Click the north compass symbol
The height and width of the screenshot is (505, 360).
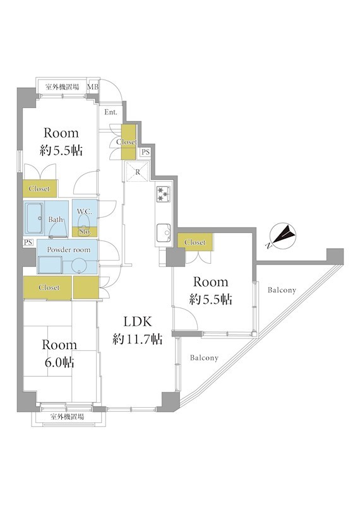pyautogui.click(x=283, y=236)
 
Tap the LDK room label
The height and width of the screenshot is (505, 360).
pyautogui.click(x=137, y=321)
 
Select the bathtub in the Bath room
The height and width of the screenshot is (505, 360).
pyautogui.click(x=34, y=218)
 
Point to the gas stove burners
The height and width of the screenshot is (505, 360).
pyautogui.click(x=163, y=194)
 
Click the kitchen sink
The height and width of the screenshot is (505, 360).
pyautogui.click(x=164, y=232)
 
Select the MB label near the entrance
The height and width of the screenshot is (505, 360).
pyautogui.click(x=93, y=86)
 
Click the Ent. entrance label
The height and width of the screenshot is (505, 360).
pyautogui.click(x=111, y=112)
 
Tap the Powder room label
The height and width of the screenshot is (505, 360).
pyautogui.click(x=69, y=249)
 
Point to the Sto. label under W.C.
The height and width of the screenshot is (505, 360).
pyautogui.click(x=85, y=232)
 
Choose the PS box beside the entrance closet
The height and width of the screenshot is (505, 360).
pyautogui.click(x=145, y=152)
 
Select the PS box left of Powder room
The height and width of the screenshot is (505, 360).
pyautogui.click(x=28, y=242)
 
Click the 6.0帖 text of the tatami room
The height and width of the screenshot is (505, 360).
pyautogui.click(x=59, y=362)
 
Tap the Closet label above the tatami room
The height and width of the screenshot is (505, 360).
pyautogui.click(x=49, y=287)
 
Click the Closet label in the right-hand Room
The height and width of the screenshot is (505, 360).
pyautogui.click(x=195, y=242)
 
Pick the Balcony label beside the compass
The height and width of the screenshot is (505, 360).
pyautogui.click(x=282, y=290)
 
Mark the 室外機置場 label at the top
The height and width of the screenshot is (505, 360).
pyautogui.click(x=62, y=86)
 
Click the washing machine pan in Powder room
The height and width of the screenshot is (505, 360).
pyautogui.click(x=50, y=264)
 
